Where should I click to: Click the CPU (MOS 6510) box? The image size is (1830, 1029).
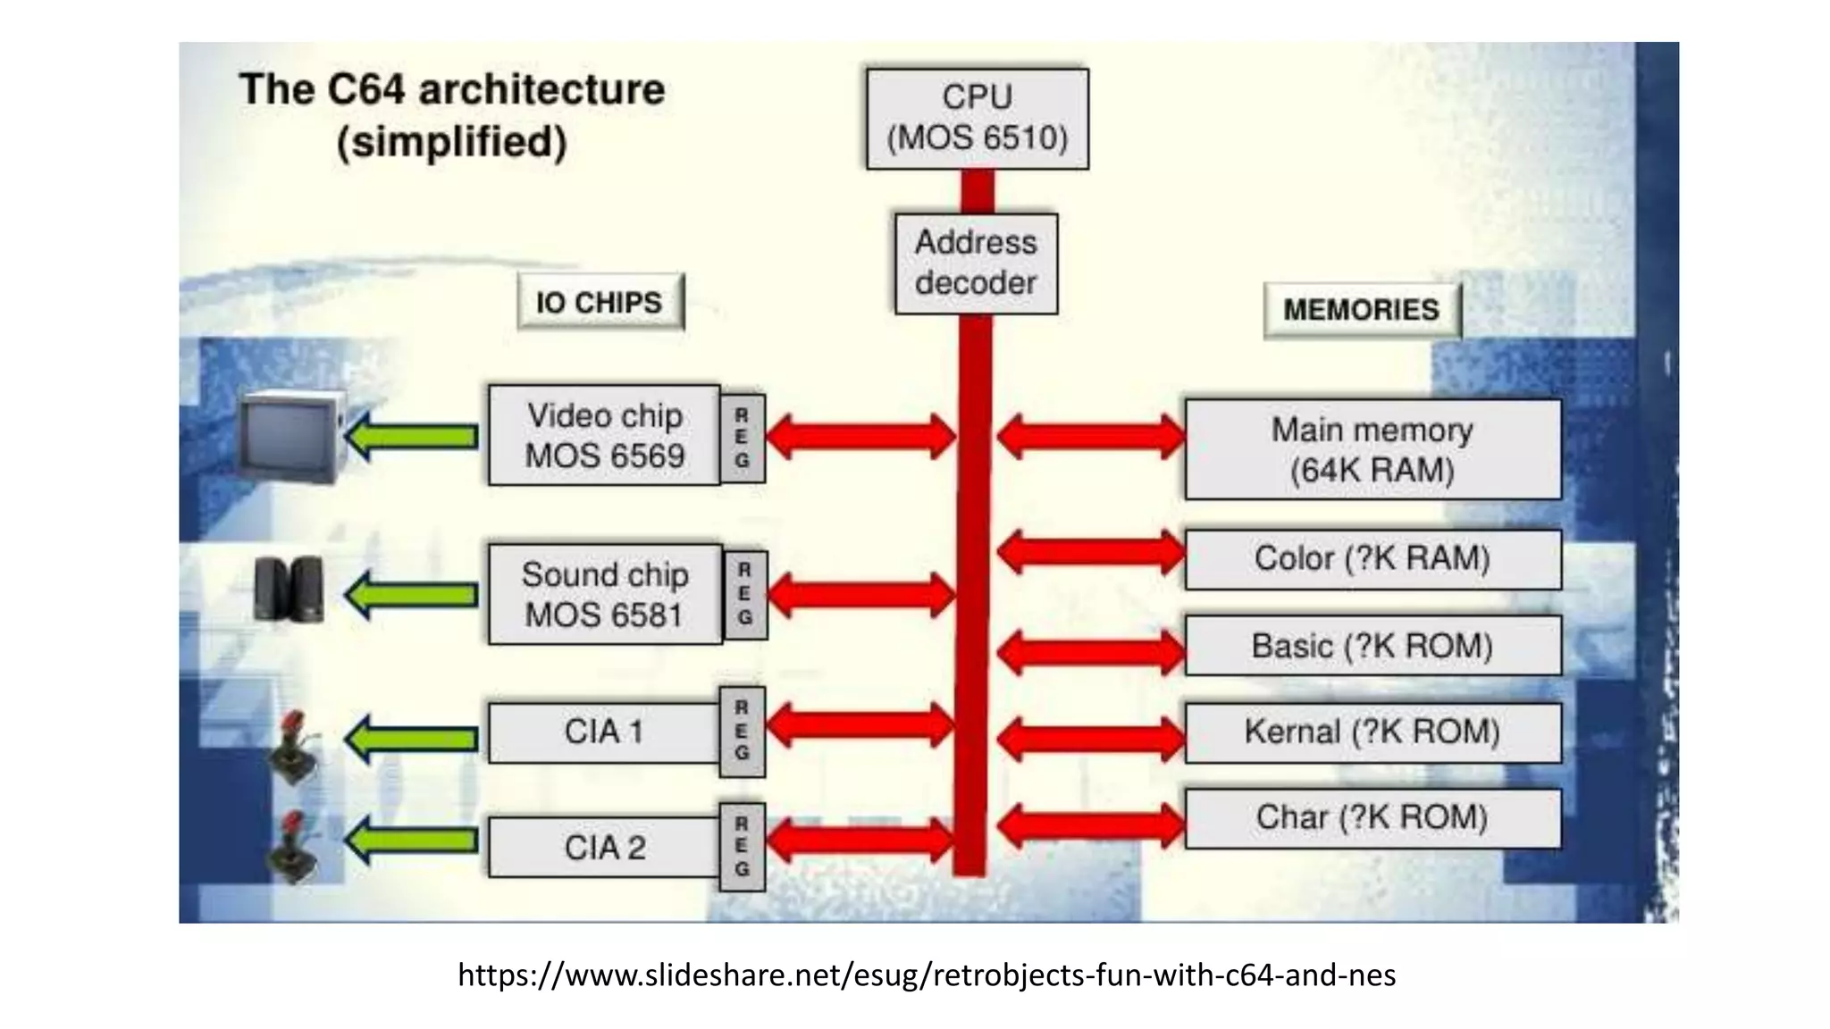coord(977,118)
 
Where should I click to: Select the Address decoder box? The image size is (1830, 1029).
coord(976,263)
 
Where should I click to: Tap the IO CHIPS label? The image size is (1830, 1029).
coord(600,302)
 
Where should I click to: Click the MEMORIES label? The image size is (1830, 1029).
coord(1361,310)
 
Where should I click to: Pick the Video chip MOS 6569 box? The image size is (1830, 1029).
coord(604,435)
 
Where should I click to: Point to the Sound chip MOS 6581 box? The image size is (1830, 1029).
coord(605,594)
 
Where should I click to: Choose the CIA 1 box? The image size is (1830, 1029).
coord(604,732)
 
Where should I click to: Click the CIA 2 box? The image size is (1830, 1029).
coord(604,847)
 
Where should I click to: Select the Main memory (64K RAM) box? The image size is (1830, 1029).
coord(1372,449)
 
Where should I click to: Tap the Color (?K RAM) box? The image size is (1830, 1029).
coord(1372,559)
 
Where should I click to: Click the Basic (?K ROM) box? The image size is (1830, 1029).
coord(1372,645)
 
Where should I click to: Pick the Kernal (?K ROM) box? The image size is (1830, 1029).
coord(1372,732)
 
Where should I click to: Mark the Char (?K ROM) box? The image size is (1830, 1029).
coord(1372,817)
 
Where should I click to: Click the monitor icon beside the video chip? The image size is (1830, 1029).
coord(290,437)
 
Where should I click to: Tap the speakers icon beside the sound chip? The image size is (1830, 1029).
coord(288,589)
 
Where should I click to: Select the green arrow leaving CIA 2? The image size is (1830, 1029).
coord(412,841)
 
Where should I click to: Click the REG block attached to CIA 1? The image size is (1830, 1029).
coord(743,731)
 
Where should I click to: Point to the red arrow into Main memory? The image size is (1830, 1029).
coord(1090,436)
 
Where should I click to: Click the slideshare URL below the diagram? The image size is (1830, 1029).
coord(927,975)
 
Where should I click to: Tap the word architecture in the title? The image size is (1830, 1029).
coord(541,90)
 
